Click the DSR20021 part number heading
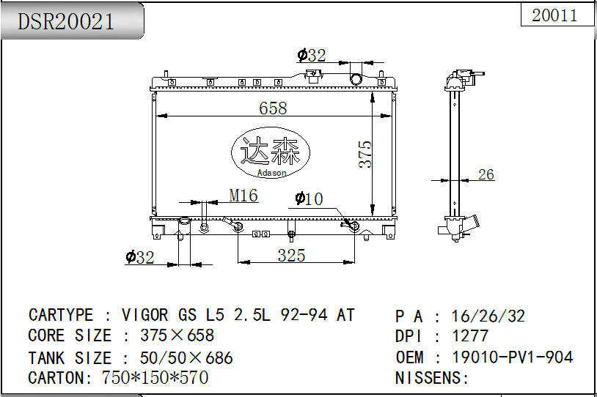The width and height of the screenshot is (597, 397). (x=65, y=21)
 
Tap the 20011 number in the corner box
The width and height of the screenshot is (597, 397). (x=554, y=15)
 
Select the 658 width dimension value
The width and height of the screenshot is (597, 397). (x=273, y=108)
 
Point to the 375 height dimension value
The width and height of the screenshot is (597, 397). (x=365, y=154)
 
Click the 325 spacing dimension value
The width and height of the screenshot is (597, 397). (x=291, y=255)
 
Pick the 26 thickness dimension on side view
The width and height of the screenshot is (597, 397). (x=486, y=174)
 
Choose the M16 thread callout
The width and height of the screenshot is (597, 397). (x=243, y=196)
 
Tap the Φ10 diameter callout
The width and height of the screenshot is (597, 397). (x=310, y=198)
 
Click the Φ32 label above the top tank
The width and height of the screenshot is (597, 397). (x=312, y=55)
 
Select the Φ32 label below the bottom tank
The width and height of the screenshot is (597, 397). (x=140, y=257)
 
